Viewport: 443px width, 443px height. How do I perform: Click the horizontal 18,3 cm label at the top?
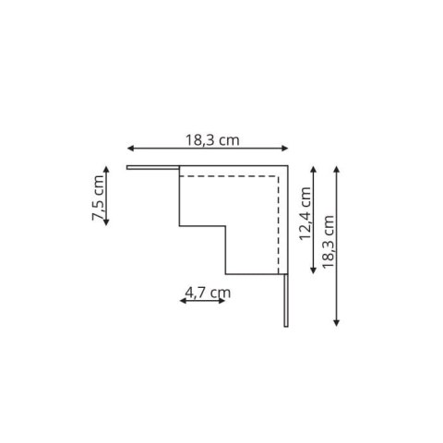(212, 140)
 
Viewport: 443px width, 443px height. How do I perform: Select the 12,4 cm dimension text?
(305, 214)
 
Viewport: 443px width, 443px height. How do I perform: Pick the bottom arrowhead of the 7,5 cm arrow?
(106, 224)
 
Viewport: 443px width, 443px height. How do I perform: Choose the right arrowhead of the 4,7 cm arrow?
(224, 302)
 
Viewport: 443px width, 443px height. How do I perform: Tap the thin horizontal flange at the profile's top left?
(152, 168)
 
